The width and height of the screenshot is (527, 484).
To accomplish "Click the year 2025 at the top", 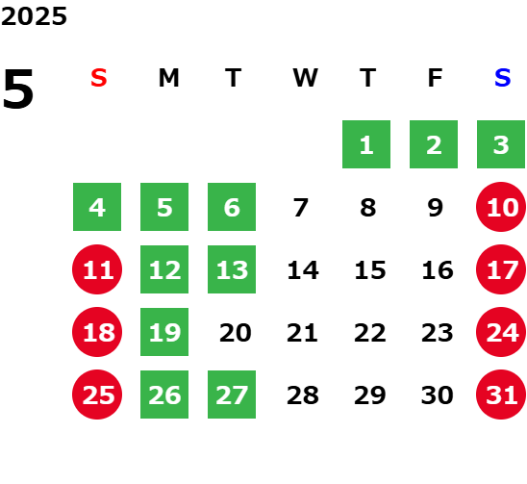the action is pos(34,16).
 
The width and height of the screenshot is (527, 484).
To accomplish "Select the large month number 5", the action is pos(18,89).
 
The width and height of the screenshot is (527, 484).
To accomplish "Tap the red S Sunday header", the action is pos(99,78).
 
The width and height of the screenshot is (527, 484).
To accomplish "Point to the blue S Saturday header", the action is pos(502,78).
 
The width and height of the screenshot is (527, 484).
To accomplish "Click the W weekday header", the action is pos(305,78).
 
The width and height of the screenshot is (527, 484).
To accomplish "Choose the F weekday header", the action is pos(435,78).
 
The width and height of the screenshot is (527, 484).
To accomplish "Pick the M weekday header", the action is pos(168,78).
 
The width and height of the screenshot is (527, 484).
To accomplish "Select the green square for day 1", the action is pos(366,144).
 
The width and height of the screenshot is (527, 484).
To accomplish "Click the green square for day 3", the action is pos(501,144).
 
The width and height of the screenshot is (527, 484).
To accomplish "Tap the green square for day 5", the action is pos(164,207).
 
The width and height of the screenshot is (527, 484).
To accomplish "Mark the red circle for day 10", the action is pos(501,207).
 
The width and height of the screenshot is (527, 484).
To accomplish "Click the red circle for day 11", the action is pos(97,269).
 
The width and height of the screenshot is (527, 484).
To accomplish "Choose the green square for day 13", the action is pos(232,269).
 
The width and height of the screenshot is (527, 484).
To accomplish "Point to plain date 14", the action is pos(303,270).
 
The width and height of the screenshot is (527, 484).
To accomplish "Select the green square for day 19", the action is pos(164,332).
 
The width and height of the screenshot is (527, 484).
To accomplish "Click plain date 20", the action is pos(236,333).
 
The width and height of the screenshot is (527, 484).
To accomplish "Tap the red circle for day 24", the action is pos(501,332).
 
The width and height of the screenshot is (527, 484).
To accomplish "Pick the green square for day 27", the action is pos(232,395).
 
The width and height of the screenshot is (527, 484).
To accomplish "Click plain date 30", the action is pos(438,395).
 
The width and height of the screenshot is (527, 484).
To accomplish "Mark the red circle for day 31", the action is pos(501,395).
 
